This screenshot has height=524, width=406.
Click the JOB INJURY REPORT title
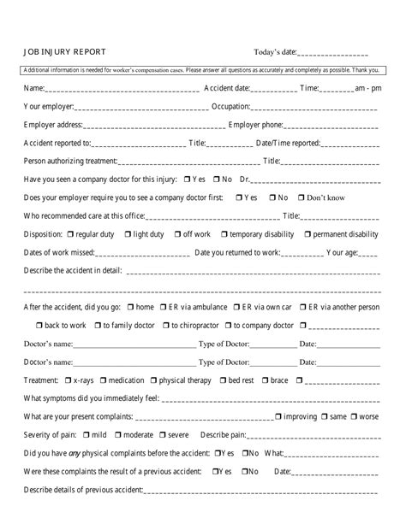pos(64,52)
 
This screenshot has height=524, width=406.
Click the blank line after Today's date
pos(333,54)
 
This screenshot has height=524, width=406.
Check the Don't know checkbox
pos(301,197)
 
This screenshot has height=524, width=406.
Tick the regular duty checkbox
pos(69,234)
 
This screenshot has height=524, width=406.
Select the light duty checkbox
pos(128,234)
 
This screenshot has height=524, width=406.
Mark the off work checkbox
pos(176,234)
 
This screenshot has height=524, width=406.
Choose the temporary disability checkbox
pos(224,234)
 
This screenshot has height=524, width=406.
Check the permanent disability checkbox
pos(306,234)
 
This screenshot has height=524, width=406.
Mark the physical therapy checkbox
pos(153,380)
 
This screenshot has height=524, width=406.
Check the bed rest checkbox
pos(223,380)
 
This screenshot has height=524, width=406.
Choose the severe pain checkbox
pos(160,435)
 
